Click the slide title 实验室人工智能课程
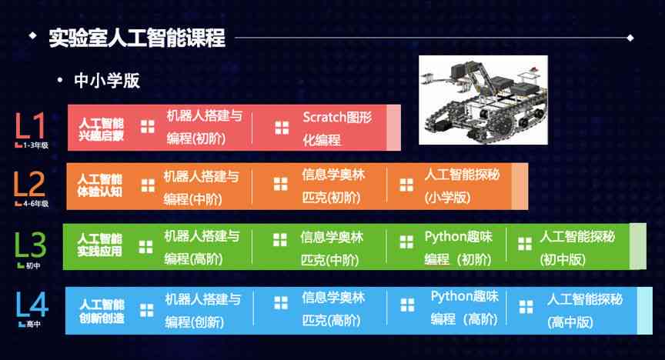point(136,37)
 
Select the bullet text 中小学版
point(107,80)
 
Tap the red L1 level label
point(30,127)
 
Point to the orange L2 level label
point(30,185)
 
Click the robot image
point(483,99)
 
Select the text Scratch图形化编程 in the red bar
point(337,128)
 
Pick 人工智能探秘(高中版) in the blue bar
point(584,309)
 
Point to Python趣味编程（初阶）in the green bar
point(458,246)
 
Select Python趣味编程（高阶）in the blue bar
point(464,307)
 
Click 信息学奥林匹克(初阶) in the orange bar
point(333,185)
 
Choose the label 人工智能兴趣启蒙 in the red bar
point(101,128)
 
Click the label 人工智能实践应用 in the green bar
point(100,245)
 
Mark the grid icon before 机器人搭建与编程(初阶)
point(148,127)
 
